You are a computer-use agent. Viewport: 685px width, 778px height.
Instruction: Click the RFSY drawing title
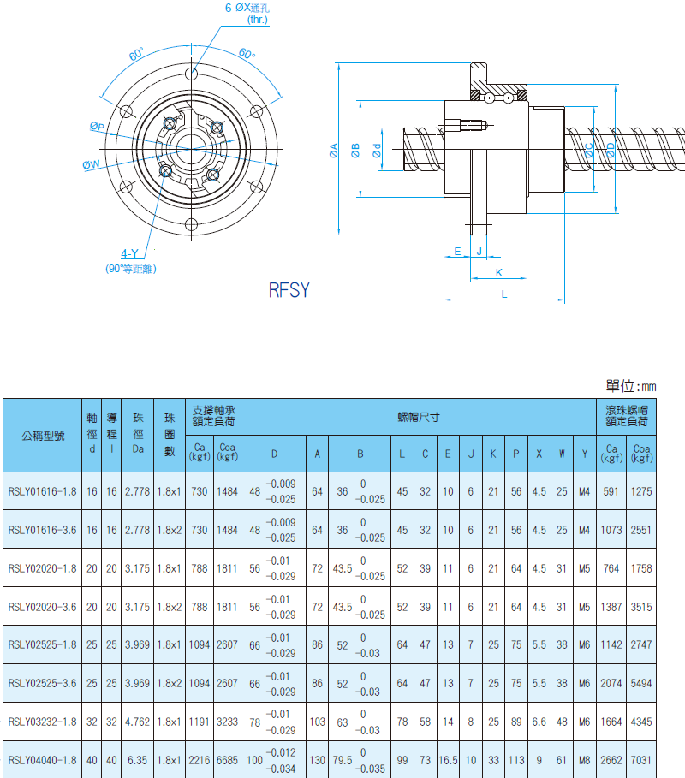(289, 290)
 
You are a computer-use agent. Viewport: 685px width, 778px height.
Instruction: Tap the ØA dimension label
(334, 151)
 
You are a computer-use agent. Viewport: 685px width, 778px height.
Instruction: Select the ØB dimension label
(355, 151)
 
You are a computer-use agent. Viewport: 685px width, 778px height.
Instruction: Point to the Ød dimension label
(378, 151)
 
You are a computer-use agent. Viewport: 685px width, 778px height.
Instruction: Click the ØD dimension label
(611, 150)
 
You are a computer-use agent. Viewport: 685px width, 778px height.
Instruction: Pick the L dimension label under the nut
(504, 294)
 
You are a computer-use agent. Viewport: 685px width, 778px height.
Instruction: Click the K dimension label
(499, 272)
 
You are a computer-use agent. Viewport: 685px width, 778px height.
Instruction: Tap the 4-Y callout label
(129, 253)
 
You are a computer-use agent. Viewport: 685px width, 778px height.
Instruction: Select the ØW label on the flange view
(91, 164)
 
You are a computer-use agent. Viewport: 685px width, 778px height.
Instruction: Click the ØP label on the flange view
(97, 127)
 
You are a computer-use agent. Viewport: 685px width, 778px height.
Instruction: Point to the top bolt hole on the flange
(192, 74)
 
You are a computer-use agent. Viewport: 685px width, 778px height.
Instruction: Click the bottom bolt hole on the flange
(192, 224)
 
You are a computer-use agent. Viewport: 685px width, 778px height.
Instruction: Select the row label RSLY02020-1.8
(43, 568)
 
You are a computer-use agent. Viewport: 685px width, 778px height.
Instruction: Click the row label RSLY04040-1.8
(43, 760)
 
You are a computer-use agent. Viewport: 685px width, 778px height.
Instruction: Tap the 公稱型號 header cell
(43, 437)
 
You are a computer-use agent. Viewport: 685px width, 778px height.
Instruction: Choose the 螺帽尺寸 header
(419, 418)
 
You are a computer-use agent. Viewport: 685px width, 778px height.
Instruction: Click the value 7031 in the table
(641, 760)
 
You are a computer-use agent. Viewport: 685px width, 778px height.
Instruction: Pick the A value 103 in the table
(317, 722)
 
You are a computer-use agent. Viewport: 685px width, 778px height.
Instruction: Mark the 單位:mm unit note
(631, 386)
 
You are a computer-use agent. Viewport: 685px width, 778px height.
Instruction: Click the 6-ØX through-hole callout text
(247, 14)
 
